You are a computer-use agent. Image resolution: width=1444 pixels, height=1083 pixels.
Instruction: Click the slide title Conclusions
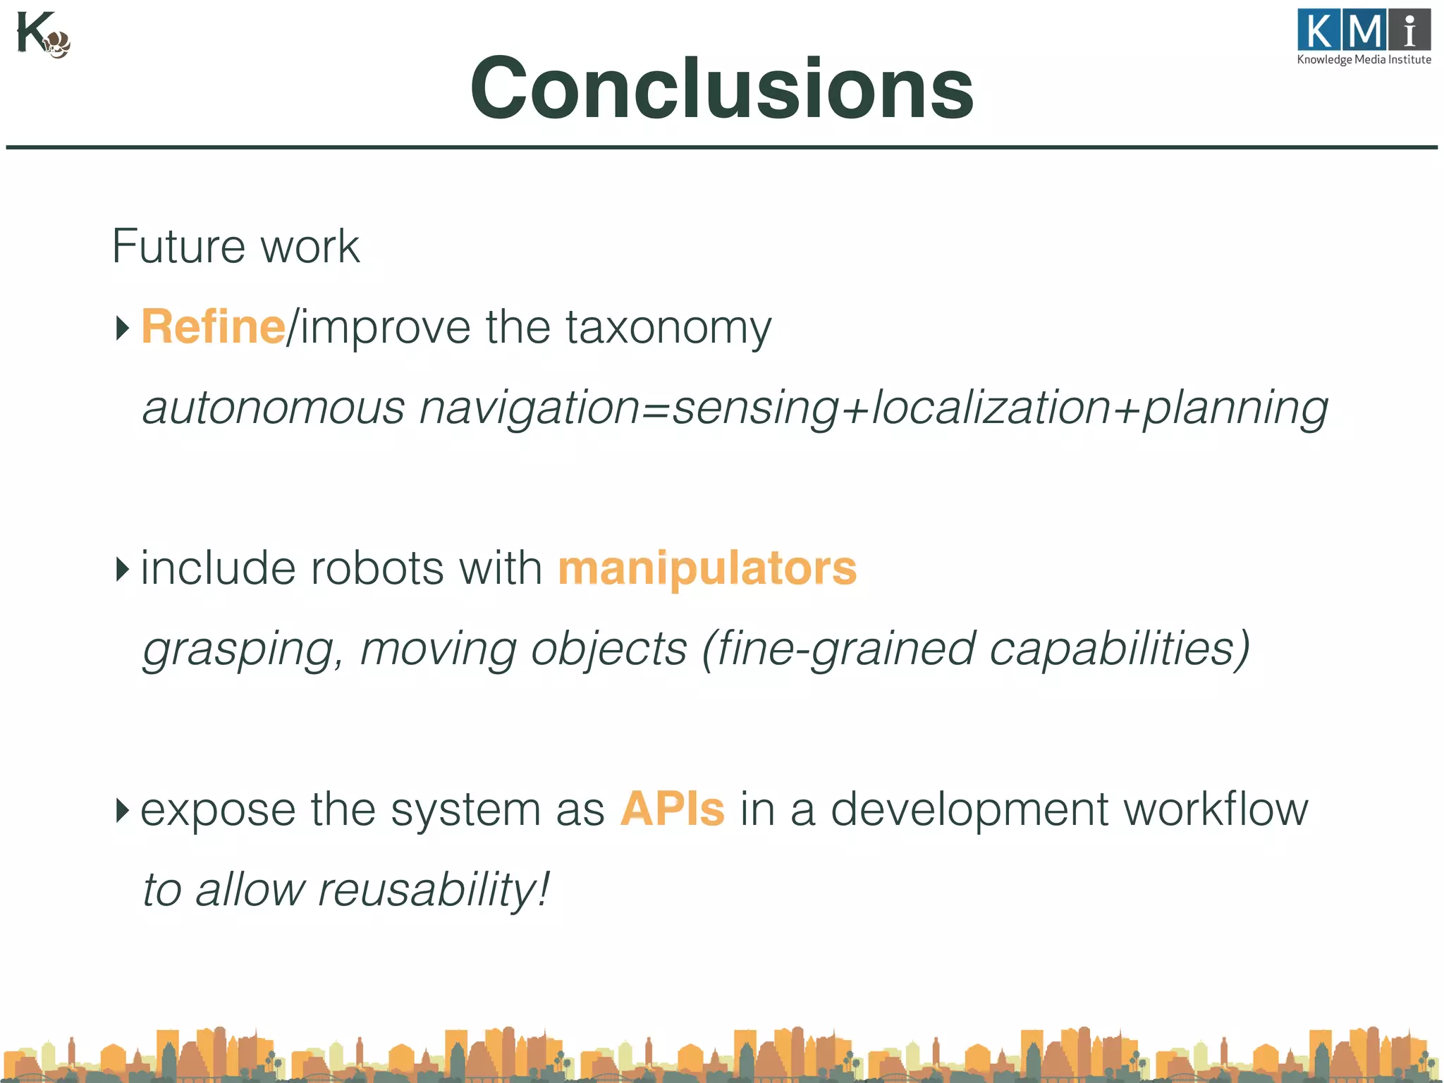pyautogui.click(x=722, y=89)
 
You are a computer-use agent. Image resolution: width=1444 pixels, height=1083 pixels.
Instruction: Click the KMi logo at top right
pyautogui.click(x=1364, y=31)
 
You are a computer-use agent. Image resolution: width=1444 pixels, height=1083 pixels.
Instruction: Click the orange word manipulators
pyautogui.click(x=707, y=568)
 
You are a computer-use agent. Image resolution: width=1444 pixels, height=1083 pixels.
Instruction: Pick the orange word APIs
pyautogui.click(x=672, y=809)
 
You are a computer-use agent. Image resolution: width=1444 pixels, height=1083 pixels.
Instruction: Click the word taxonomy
pyautogui.click(x=668, y=329)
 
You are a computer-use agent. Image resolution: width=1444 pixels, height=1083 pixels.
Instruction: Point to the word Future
pyautogui.click(x=178, y=246)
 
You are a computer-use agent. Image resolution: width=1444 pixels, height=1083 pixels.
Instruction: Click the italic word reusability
pyautogui.click(x=432, y=890)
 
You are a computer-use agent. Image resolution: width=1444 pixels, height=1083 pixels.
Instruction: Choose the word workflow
pyautogui.click(x=1216, y=809)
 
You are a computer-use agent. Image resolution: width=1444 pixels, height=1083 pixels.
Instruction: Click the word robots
pyautogui.click(x=377, y=568)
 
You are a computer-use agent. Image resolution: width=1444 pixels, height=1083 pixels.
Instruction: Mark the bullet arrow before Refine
pyautogui.click(x=123, y=328)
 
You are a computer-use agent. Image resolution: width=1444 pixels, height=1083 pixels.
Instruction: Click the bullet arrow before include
pyautogui.click(x=123, y=569)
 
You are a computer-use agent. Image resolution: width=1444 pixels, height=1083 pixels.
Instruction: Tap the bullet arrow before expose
pyautogui.click(x=123, y=810)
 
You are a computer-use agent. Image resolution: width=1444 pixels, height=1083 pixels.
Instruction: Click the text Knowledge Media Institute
pyautogui.click(x=1364, y=60)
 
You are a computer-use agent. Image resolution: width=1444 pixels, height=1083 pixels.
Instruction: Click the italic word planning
pyautogui.click(x=1235, y=409)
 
